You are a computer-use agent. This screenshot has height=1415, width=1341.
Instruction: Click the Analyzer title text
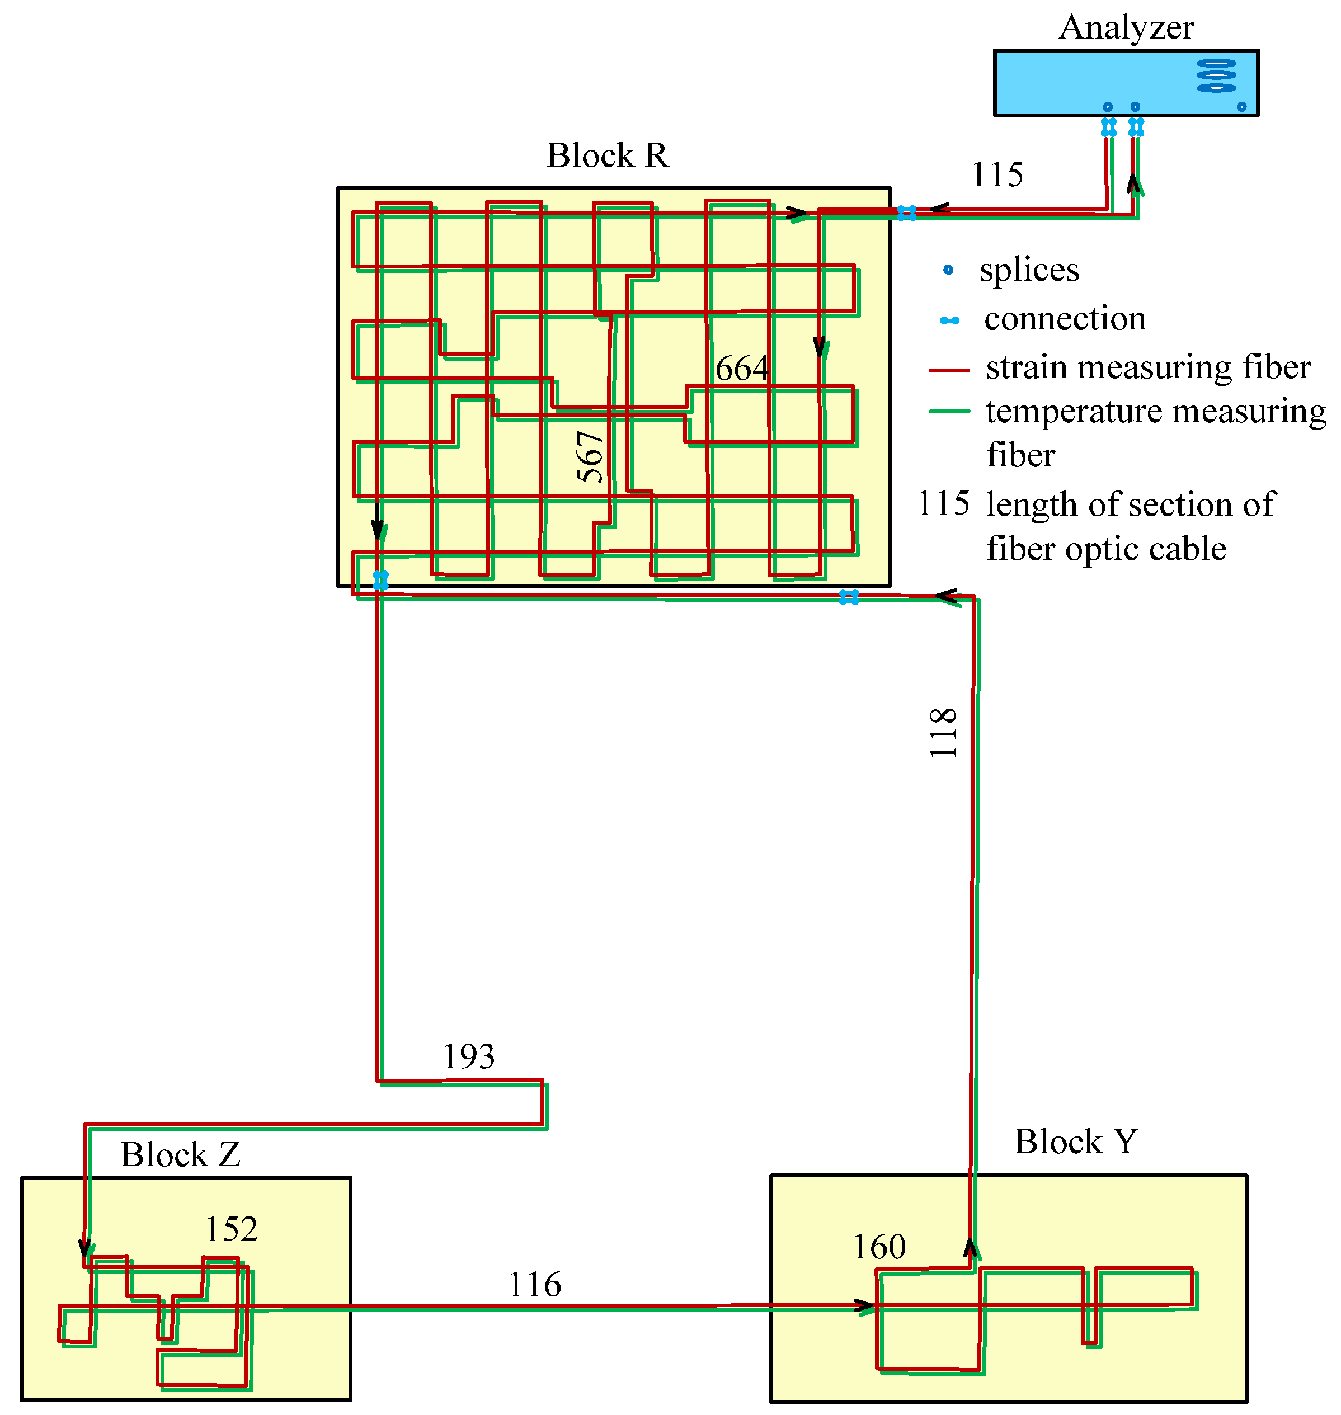tap(1127, 28)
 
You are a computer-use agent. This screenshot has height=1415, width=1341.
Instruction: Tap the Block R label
tap(608, 155)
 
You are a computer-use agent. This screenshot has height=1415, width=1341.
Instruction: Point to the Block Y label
tap(1075, 1142)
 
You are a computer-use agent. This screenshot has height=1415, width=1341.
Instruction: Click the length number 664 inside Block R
tap(742, 369)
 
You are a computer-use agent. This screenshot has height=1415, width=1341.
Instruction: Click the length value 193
tap(468, 1056)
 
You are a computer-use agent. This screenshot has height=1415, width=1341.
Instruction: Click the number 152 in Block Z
tap(231, 1229)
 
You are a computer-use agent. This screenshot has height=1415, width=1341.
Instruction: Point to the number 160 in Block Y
tap(879, 1247)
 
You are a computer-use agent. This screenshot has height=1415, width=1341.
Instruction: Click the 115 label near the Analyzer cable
tap(997, 175)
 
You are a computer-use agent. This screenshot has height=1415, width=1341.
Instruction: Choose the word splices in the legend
tap(1029, 270)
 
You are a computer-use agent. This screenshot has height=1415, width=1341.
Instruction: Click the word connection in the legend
tap(1065, 319)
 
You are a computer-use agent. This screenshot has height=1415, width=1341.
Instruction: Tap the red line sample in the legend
tap(949, 370)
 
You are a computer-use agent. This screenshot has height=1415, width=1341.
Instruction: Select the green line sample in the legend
tap(949, 412)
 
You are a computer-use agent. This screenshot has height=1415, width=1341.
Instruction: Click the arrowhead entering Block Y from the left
tap(865, 1307)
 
